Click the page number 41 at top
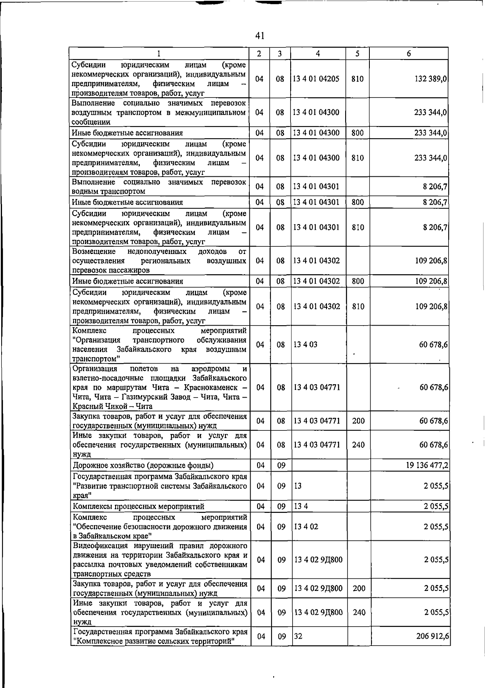(x=260, y=36)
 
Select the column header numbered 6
(x=409, y=53)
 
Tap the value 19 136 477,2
(x=427, y=466)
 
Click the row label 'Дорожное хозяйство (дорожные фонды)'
(x=143, y=466)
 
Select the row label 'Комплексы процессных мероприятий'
(x=139, y=506)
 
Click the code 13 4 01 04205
(x=316, y=79)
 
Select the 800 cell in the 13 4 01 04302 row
(x=358, y=281)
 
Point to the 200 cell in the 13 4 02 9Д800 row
(x=359, y=589)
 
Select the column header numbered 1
(x=159, y=53)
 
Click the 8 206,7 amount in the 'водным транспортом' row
(x=435, y=186)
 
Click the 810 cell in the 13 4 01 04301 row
(x=358, y=227)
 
